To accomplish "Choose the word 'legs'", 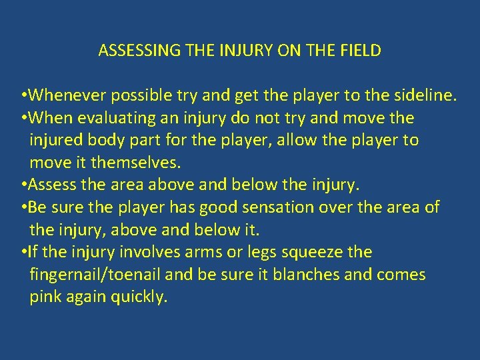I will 245,252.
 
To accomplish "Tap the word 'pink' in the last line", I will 45,297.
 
